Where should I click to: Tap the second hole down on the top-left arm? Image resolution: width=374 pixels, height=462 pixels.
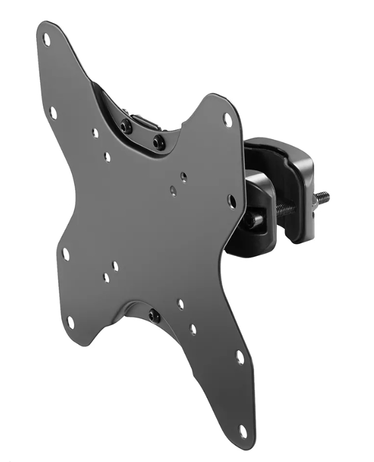click(x=53, y=113)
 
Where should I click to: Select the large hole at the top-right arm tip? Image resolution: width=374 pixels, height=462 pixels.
click(x=227, y=120)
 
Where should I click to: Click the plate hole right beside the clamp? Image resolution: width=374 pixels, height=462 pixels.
click(x=231, y=201)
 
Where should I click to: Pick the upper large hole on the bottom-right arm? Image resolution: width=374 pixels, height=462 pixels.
click(x=239, y=357)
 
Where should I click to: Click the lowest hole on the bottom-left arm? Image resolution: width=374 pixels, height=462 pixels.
click(x=70, y=322)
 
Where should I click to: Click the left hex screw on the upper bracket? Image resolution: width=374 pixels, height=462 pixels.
click(x=124, y=125)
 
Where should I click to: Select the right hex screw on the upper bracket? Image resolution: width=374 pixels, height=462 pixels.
click(x=159, y=141)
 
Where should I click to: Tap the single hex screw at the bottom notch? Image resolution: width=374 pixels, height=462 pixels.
click(x=153, y=315)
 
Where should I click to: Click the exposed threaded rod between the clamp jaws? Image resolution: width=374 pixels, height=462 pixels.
click(x=285, y=209)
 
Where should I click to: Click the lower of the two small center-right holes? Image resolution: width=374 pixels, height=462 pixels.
click(x=173, y=190)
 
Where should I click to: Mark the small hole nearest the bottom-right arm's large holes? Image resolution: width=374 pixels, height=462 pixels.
click(x=193, y=329)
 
